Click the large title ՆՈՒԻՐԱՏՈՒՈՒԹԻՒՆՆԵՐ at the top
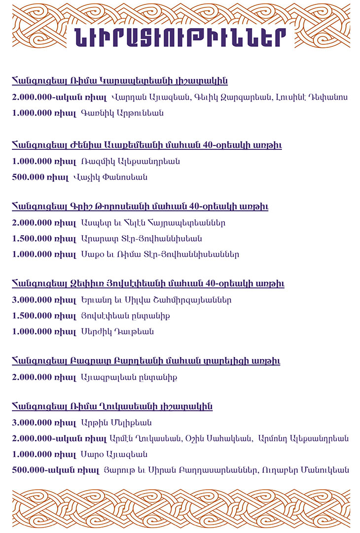click(x=180, y=36)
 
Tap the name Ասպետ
click(x=93, y=223)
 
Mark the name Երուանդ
click(x=97, y=300)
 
